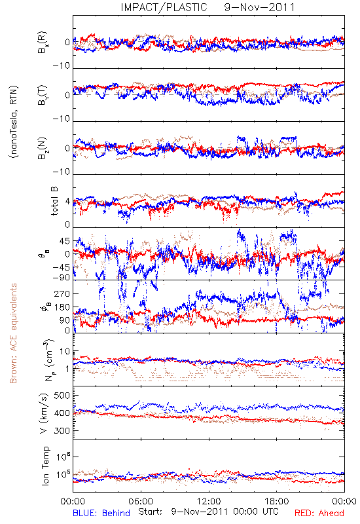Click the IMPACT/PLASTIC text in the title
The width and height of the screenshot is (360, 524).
164,7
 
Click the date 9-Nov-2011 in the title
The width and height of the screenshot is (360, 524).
259,7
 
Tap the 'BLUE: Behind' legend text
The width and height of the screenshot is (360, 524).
101,513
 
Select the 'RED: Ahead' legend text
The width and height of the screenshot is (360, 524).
319,513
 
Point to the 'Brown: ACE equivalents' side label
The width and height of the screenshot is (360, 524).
13,333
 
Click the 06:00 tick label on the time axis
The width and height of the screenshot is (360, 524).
141,501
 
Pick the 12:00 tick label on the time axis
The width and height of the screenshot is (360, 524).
209,501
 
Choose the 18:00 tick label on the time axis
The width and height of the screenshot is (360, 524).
277,501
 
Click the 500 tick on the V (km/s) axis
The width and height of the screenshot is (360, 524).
62,396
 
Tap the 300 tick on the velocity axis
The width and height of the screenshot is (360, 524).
62,430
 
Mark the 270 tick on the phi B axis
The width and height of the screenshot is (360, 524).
62,293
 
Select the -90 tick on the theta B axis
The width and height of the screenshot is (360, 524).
62,277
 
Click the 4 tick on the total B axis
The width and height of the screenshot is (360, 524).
67,202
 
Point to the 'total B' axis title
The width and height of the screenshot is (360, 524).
54,201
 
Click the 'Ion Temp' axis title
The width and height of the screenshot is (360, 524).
46,466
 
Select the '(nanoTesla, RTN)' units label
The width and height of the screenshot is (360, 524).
14,122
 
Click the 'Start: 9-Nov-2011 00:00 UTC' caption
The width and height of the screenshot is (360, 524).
208,512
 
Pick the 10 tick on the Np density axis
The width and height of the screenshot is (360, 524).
65,352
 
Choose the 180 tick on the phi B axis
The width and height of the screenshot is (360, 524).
62,307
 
